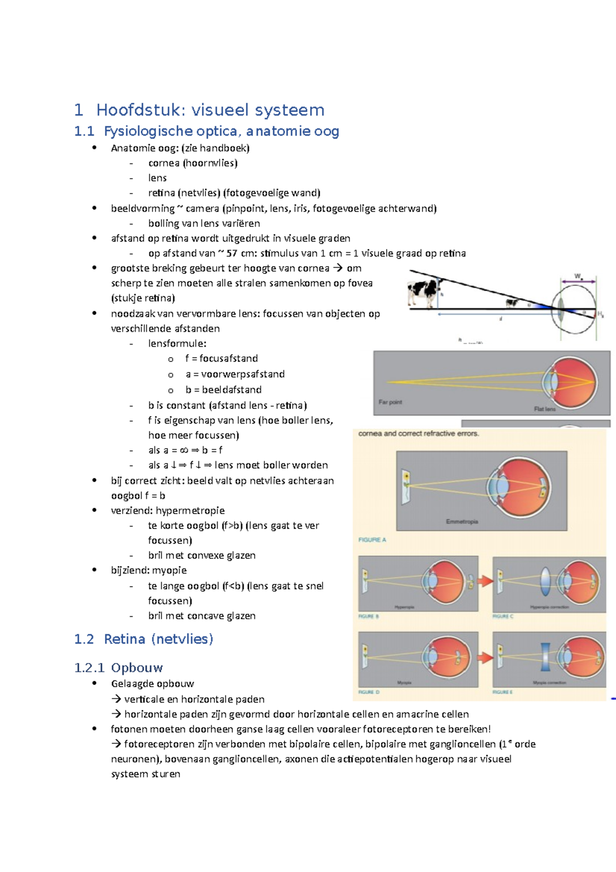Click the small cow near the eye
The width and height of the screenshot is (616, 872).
point(511,303)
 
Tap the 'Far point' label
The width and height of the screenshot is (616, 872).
point(390,402)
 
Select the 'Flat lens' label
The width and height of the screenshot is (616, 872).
point(545,409)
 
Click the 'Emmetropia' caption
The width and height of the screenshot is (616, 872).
point(462,522)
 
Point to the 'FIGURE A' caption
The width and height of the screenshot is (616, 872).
point(372,540)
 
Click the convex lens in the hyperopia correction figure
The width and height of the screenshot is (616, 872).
point(546,581)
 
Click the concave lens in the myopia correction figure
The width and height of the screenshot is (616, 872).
point(545,657)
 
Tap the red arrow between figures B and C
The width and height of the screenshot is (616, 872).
point(485,581)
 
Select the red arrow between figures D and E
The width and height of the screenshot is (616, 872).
point(485,657)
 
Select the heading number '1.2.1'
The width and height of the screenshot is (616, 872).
point(89,668)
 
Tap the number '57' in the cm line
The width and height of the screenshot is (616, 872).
point(232,253)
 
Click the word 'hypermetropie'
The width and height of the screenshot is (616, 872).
point(190,510)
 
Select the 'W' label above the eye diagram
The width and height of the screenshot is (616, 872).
point(577,276)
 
